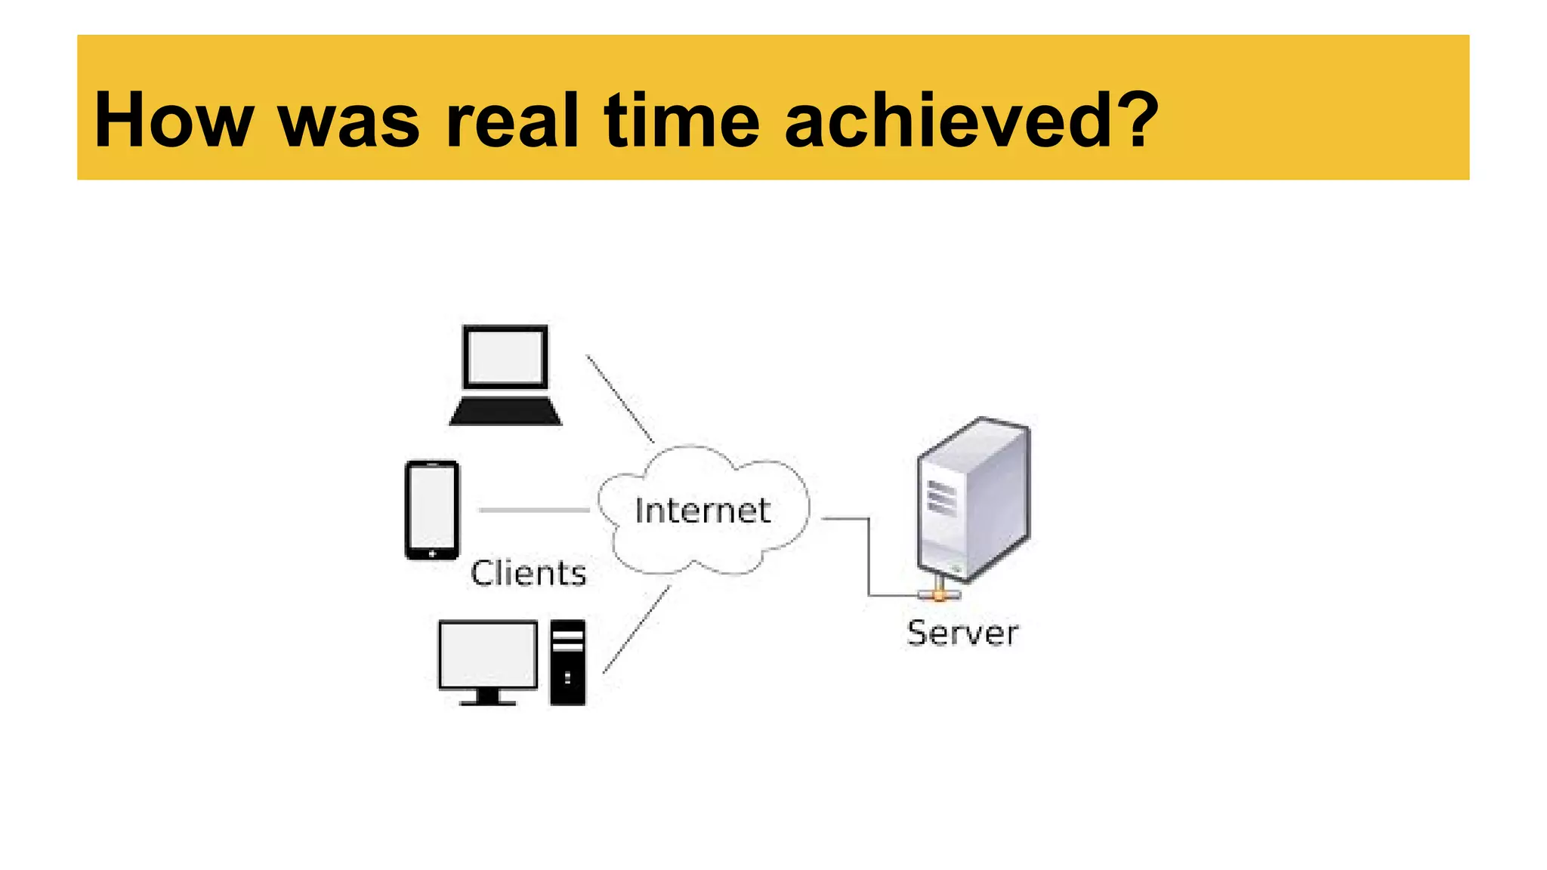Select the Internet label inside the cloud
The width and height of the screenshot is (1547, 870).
[702, 511]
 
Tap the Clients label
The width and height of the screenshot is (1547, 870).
[528, 573]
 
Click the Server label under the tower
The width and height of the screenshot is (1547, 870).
[962, 633]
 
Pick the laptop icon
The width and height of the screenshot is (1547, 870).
[505, 375]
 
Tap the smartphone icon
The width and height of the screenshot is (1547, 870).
[432, 510]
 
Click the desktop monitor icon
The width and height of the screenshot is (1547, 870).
[488, 661]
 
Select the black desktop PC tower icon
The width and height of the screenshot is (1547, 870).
[567, 662]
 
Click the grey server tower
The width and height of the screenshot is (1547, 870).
[974, 498]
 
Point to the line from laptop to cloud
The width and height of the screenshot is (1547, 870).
[619, 398]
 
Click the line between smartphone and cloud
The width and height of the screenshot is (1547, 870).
[534, 511]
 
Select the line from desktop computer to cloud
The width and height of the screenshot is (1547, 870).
[636, 629]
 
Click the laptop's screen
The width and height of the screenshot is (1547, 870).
[505, 357]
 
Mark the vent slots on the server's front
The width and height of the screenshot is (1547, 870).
[942, 498]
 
